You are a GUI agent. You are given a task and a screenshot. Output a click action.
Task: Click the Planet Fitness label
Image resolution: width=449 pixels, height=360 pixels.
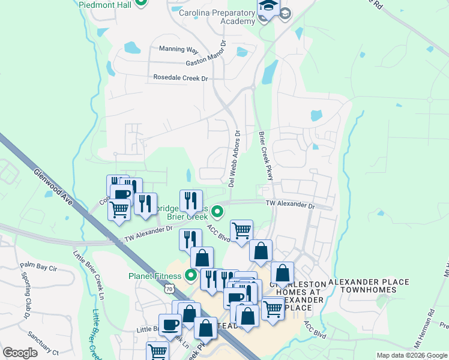(x=154, y=276)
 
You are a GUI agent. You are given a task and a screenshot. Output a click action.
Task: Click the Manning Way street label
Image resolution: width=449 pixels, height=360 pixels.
(x=178, y=49)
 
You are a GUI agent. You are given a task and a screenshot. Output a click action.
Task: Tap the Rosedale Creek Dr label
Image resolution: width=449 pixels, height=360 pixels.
(x=180, y=78)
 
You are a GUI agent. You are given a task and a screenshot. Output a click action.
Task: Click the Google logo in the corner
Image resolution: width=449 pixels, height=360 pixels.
(x=20, y=353)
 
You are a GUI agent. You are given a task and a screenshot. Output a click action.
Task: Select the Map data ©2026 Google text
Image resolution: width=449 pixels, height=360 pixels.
(x=411, y=355)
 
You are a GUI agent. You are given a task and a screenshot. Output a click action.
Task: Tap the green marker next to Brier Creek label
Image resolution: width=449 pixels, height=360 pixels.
(x=218, y=211)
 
